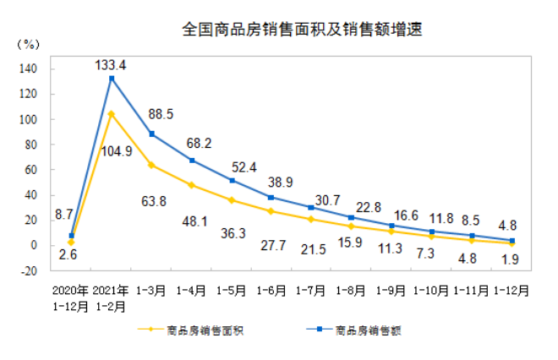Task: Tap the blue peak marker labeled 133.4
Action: [x=112, y=79]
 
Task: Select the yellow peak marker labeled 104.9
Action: [x=112, y=113]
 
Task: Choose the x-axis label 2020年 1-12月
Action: [x=71, y=297]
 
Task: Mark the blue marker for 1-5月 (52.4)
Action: [x=231, y=180]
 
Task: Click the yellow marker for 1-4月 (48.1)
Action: [x=191, y=185]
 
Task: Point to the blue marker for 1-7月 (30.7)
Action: [x=310, y=207]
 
